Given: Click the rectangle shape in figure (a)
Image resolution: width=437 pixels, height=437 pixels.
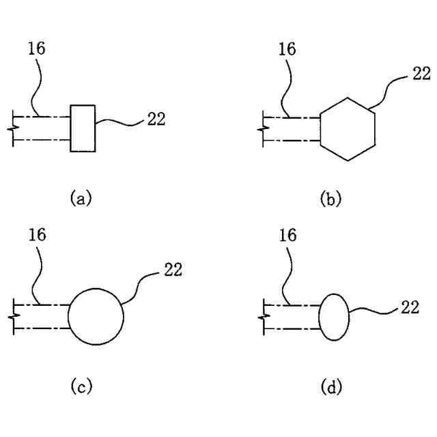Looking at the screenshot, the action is (83, 128).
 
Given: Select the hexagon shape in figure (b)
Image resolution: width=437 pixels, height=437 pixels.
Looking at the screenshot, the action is (348, 129).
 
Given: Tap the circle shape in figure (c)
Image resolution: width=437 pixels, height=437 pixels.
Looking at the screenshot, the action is (96, 316).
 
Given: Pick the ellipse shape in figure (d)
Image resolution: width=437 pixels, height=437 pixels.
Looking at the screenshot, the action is (334, 316).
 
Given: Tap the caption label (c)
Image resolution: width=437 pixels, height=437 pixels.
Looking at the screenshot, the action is (81, 387).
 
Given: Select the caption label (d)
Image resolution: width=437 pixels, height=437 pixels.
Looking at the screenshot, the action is (331, 387).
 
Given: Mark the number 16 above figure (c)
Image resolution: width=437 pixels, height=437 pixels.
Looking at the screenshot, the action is (38, 236).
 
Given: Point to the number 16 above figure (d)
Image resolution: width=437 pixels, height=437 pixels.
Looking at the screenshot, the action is (288, 236).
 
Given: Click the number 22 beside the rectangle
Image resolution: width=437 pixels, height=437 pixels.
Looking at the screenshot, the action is (156, 119).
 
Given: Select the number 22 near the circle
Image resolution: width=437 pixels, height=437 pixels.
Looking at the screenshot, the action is (173, 270).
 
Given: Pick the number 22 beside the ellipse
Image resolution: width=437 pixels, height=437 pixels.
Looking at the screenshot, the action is (410, 307).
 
